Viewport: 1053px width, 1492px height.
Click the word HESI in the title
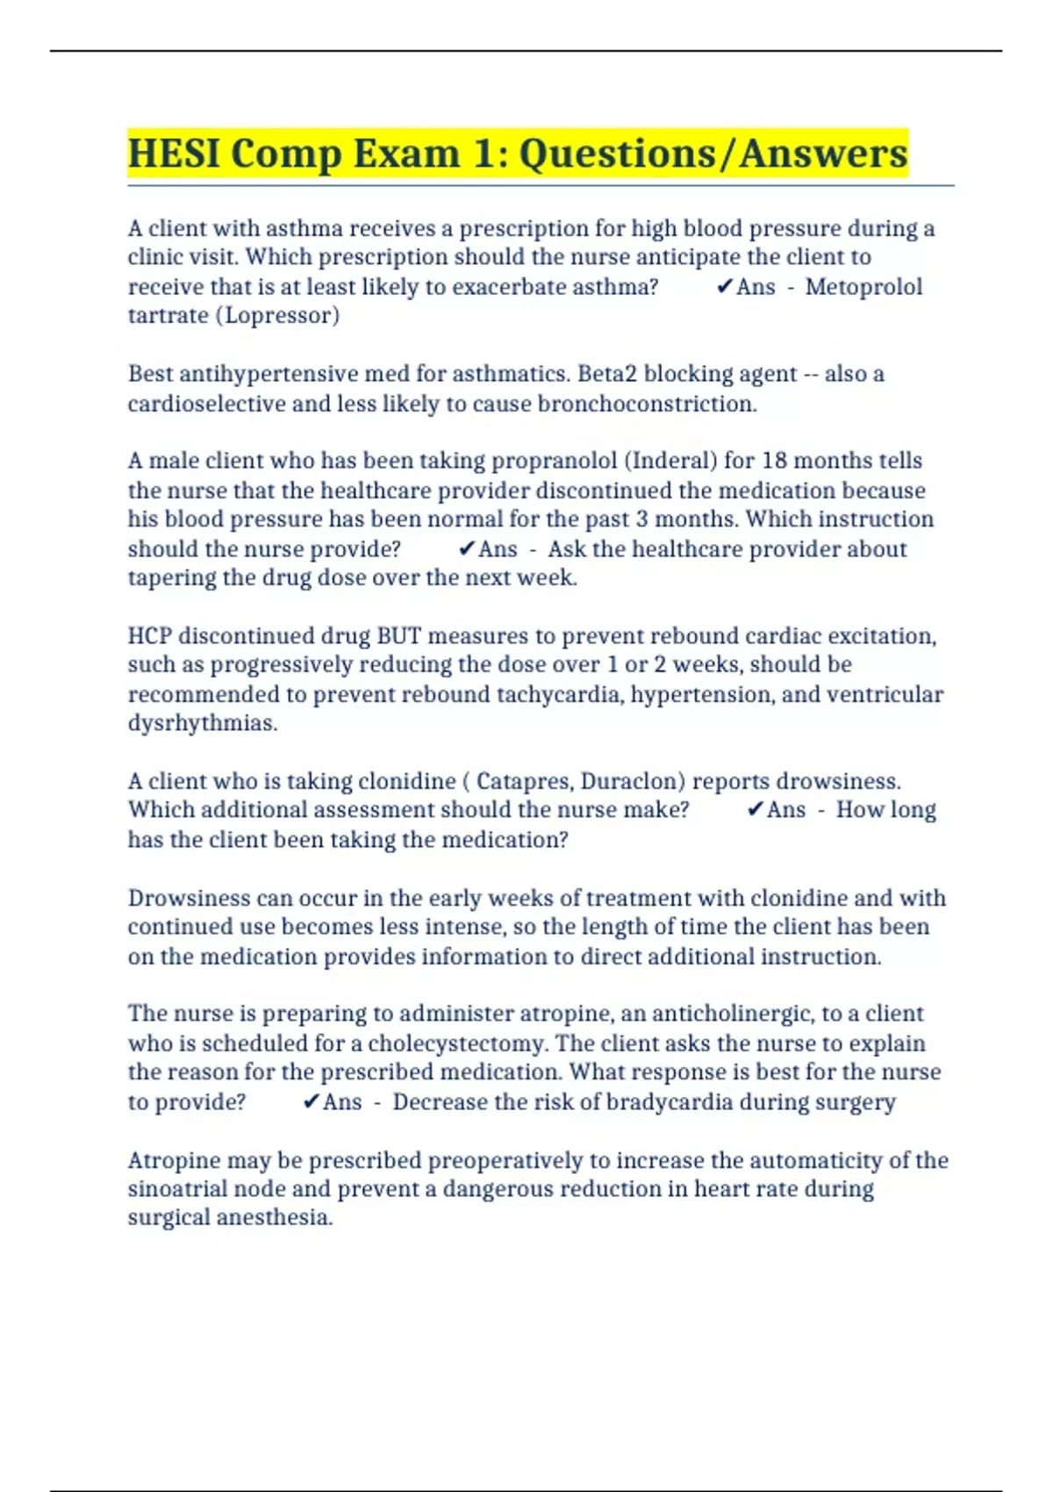[173, 154]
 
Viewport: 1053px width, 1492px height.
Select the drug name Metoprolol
[863, 287]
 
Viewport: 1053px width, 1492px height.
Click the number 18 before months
[775, 461]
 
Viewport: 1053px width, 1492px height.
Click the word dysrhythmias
[203, 723]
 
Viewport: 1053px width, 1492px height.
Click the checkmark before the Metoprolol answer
[724, 287]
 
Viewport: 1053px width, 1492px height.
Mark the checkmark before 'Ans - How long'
[755, 810]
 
